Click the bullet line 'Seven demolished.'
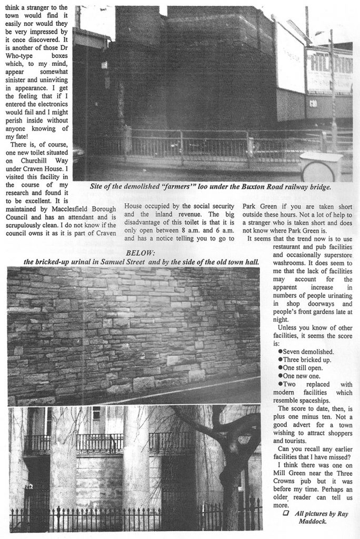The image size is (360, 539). point(305,351)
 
